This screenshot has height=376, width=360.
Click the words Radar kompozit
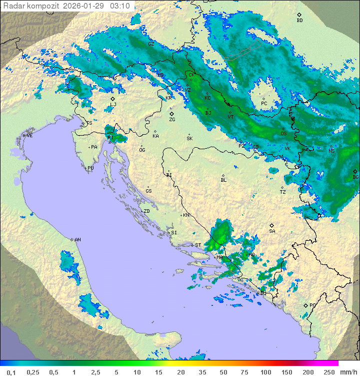[x=31, y=6]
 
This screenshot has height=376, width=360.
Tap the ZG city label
[x=172, y=120]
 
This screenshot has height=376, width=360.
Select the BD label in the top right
[x=299, y=21]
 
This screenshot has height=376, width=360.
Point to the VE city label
[x=29, y=136]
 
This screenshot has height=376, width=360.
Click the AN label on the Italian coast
[x=77, y=240]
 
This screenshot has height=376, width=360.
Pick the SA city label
[x=272, y=231]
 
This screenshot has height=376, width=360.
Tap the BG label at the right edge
[x=355, y=177]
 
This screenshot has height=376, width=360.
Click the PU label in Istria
[x=90, y=168]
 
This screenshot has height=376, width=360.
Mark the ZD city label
[x=146, y=211]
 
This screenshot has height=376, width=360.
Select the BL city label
[x=223, y=180]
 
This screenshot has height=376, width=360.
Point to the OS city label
[x=283, y=134]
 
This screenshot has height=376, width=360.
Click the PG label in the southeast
[x=312, y=305]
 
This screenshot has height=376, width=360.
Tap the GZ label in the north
[x=151, y=44]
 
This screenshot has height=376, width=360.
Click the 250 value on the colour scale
[x=329, y=372]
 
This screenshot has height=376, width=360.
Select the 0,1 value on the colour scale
[x=11, y=372]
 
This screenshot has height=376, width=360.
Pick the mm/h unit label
[x=348, y=372]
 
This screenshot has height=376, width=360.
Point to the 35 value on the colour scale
[x=203, y=372]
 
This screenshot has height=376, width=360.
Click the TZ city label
[x=283, y=192]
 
